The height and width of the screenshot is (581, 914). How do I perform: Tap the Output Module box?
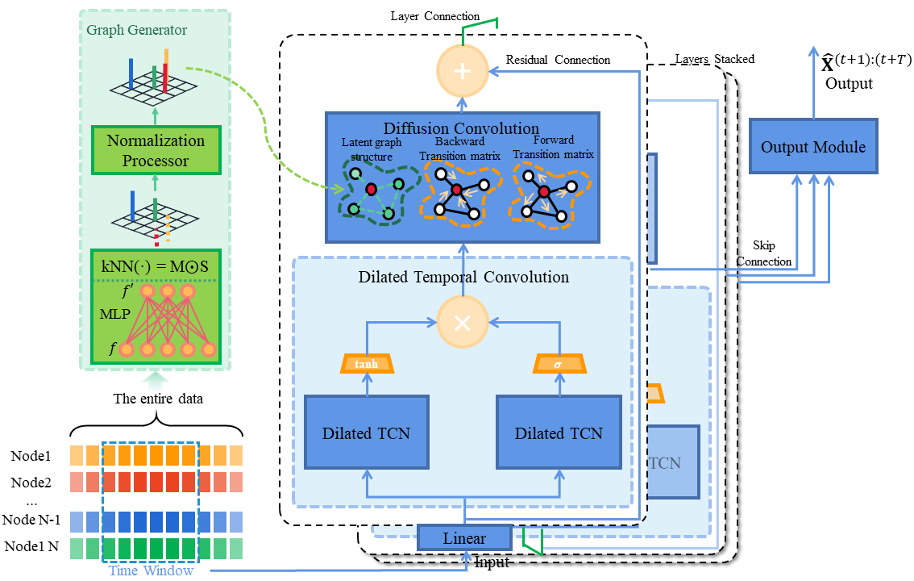tap(813, 147)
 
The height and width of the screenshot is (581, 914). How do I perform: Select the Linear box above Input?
tap(464, 537)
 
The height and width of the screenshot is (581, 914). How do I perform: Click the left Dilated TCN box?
tap(366, 433)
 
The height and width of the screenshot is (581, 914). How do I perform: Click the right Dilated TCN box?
tap(559, 433)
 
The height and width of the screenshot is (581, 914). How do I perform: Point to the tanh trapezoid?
tap(366, 365)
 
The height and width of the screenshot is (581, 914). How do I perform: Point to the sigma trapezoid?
tap(559, 365)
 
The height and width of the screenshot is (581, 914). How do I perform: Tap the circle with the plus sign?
tap(463, 71)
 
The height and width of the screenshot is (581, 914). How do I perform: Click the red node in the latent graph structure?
tap(371, 189)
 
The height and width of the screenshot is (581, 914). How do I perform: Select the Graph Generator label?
tap(137, 31)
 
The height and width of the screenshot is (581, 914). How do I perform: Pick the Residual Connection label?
tap(558, 60)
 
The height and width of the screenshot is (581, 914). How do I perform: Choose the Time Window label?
tap(151, 571)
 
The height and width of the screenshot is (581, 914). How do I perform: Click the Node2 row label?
tap(31, 483)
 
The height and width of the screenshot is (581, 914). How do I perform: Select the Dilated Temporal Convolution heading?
tap(463, 277)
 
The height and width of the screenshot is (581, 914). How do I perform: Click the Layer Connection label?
tap(434, 16)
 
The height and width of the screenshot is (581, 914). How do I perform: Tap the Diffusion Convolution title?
tap(461, 128)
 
